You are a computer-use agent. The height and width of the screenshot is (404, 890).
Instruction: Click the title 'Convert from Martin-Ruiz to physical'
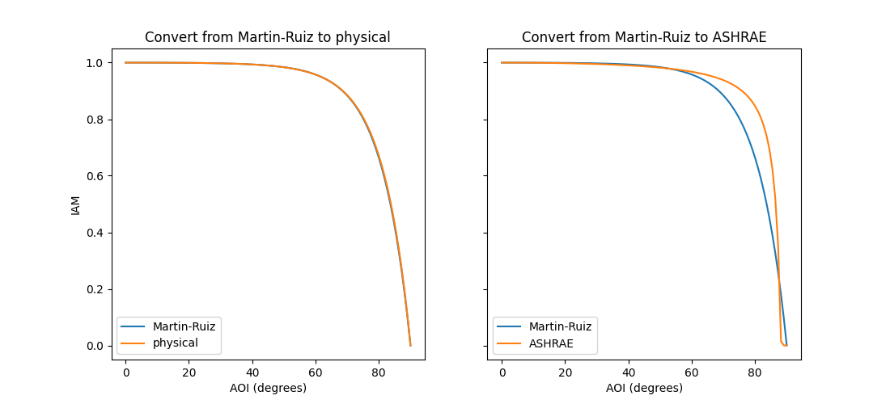point(267,37)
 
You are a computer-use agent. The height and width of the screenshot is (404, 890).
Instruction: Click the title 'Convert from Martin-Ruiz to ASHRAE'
point(643,37)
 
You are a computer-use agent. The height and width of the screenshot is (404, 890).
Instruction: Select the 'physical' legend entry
point(175,343)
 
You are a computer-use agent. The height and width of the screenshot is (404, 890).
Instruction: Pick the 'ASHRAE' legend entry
point(552,343)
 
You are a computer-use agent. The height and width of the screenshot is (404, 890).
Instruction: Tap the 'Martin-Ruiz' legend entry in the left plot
point(184,326)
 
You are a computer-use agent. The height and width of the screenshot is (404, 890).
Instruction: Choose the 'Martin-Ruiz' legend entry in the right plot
point(560,326)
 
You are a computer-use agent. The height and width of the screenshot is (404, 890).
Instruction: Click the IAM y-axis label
point(76,204)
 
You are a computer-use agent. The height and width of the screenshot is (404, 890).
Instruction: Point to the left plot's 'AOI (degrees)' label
point(267,388)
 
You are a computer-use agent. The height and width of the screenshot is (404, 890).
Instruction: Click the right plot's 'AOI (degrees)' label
point(643,388)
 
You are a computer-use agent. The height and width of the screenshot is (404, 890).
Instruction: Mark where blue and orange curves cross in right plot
point(779,280)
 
